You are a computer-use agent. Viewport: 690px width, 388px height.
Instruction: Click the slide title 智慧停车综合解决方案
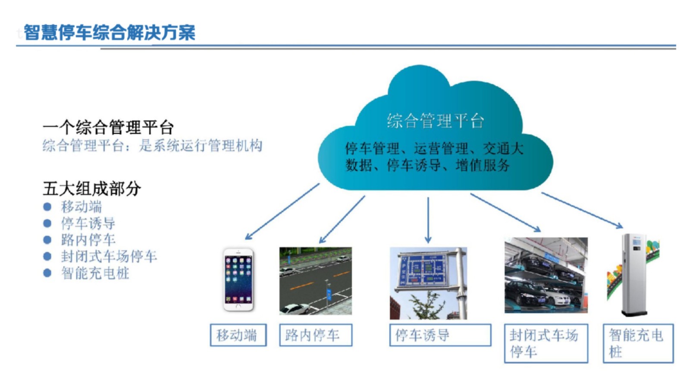pos(110,32)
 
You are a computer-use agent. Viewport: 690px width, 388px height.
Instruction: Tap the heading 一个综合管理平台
pos(108,127)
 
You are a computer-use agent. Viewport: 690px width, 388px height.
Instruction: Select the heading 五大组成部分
pos(92,188)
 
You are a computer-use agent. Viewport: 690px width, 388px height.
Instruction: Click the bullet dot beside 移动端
pos(47,207)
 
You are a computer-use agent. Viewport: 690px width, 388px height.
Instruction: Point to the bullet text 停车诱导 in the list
pos(88,223)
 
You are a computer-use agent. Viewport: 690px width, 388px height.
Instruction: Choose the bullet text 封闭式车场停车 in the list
pos(109,256)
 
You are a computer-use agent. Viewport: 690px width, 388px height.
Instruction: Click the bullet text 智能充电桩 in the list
pos(95,273)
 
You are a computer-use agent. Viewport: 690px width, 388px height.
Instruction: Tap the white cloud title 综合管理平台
pos(435,120)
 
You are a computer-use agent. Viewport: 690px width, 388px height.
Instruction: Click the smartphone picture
pos(238,280)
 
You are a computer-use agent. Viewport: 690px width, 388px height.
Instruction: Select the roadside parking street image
pos(315,281)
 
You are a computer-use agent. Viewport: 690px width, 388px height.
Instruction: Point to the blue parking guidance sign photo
pos(428,283)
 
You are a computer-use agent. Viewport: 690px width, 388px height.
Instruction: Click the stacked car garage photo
pos(546,275)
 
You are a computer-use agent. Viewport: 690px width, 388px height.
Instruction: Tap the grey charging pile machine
pos(634,275)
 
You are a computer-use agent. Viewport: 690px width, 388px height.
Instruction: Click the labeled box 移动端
pos(238,335)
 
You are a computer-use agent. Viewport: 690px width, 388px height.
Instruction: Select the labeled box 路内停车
pos(315,335)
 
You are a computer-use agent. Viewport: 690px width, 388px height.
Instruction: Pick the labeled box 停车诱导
pos(440,335)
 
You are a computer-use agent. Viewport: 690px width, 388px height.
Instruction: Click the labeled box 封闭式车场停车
pos(546,343)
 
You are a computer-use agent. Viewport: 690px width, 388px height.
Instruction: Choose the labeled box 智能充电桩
pos(638,343)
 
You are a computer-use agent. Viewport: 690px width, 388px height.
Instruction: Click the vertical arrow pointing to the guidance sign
pos(428,220)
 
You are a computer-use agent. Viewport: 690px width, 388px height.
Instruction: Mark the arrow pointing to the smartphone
pos(282,212)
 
